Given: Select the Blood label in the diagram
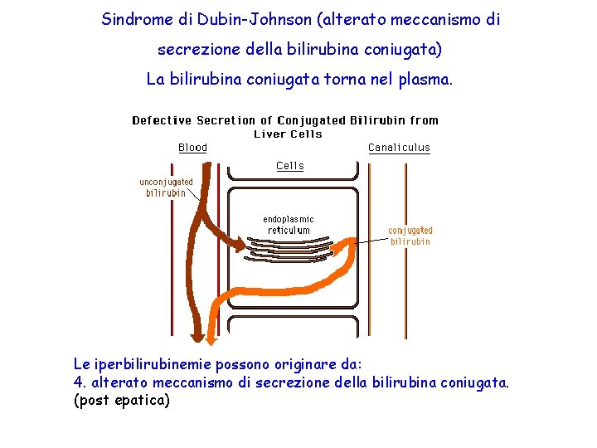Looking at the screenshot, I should pos(192,148).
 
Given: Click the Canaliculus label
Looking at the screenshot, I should pos(399,148).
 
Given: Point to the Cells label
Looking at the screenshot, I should pos(290,166).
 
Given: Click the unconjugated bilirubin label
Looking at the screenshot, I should pos(166,187).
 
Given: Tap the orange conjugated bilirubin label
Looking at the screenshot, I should pos(410,236).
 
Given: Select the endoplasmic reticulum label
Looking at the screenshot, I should pos(289,225).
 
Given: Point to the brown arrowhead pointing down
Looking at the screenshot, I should pos(197,335).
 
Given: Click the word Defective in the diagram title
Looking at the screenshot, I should pos(161,121).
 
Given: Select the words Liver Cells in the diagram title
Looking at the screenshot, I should pos(288,134).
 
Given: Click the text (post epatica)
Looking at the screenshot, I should pos(121,401).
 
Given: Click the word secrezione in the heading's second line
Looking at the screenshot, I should pos(197,50).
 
